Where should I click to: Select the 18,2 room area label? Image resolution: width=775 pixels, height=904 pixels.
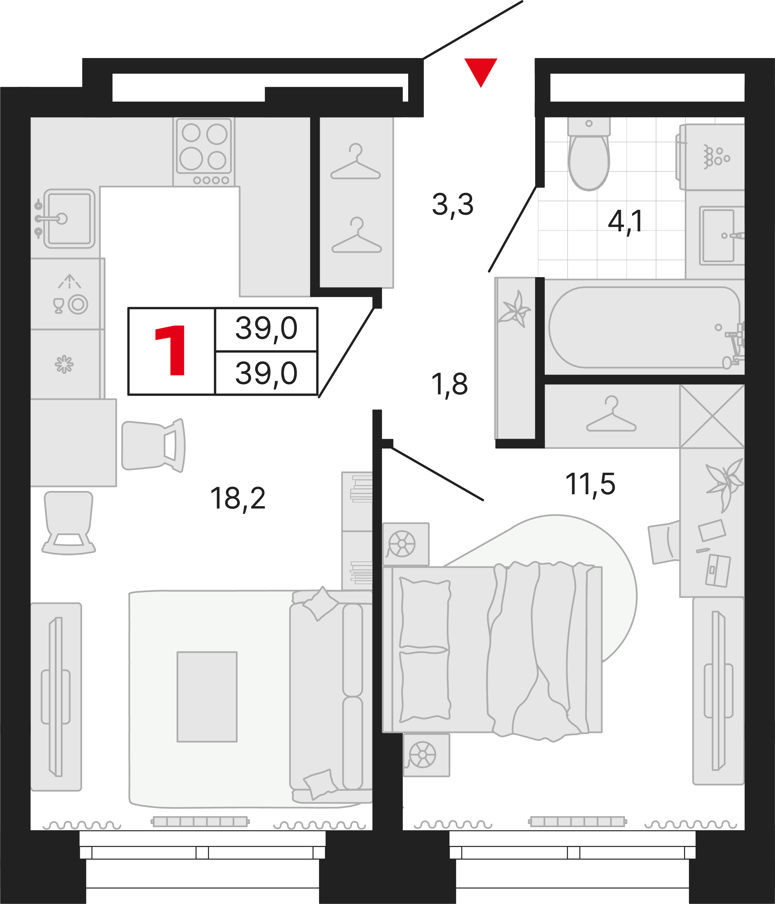point(238,499)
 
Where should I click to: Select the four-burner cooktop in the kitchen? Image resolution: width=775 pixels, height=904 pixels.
point(204,151)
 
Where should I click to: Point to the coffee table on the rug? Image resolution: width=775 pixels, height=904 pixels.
point(207,697)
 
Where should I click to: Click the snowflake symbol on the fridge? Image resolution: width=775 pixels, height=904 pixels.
point(64,364)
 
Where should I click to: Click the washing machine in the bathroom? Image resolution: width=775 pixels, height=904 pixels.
point(712,157)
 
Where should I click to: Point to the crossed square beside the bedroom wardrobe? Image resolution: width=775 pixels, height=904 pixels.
point(712,417)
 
